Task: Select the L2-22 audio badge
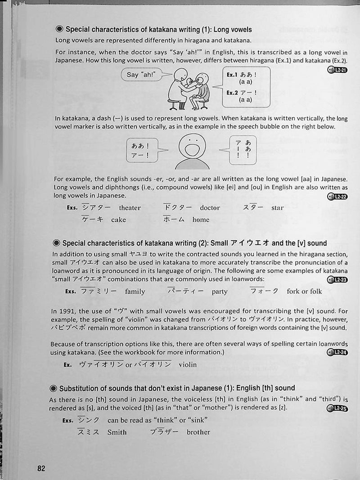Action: pos(337,196)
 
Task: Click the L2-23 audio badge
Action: pos(337,280)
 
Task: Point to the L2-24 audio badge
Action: pos(337,352)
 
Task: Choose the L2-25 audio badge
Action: pos(337,408)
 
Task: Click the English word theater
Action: pos(130,208)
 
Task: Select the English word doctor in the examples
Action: pos(210,208)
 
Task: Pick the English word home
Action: pos(201,220)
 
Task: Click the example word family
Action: pos(135,292)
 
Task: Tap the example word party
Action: pos(220,292)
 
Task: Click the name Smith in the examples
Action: pos(117,432)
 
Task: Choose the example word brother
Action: pos(198,432)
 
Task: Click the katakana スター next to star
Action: pos(253,207)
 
